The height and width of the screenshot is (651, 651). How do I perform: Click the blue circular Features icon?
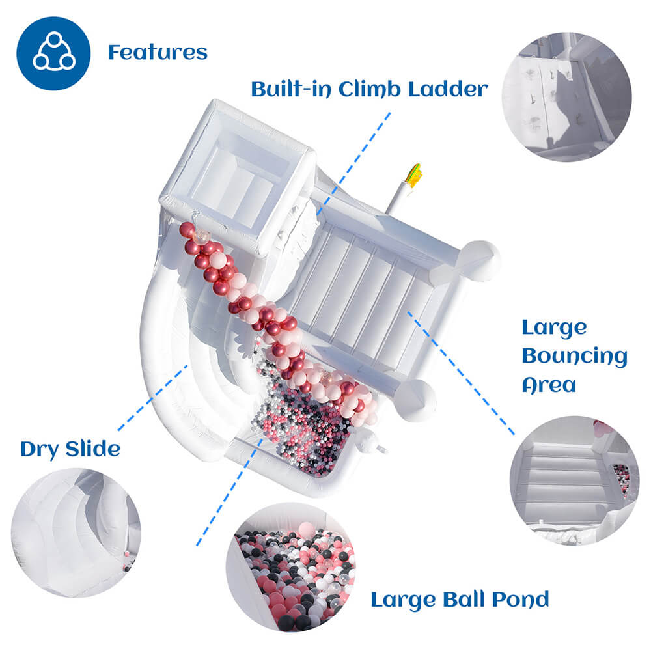pos(53,53)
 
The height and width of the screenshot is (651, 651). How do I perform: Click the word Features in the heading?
pos(158,52)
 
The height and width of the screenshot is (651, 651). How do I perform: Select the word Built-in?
pos(291,89)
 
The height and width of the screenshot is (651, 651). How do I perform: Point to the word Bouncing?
pos(574,357)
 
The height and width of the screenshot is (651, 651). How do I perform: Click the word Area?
pos(549,385)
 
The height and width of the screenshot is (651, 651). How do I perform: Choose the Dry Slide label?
pos(70,449)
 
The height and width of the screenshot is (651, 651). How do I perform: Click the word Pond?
pos(519,599)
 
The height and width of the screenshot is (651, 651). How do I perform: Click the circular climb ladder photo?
pos(566,96)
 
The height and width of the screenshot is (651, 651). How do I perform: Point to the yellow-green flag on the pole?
pos(413,175)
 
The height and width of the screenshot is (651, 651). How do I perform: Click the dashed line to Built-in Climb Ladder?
pos(355,163)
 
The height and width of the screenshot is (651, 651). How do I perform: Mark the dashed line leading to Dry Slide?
pos(153,397)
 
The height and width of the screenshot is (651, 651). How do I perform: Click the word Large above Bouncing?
pos(554,328)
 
